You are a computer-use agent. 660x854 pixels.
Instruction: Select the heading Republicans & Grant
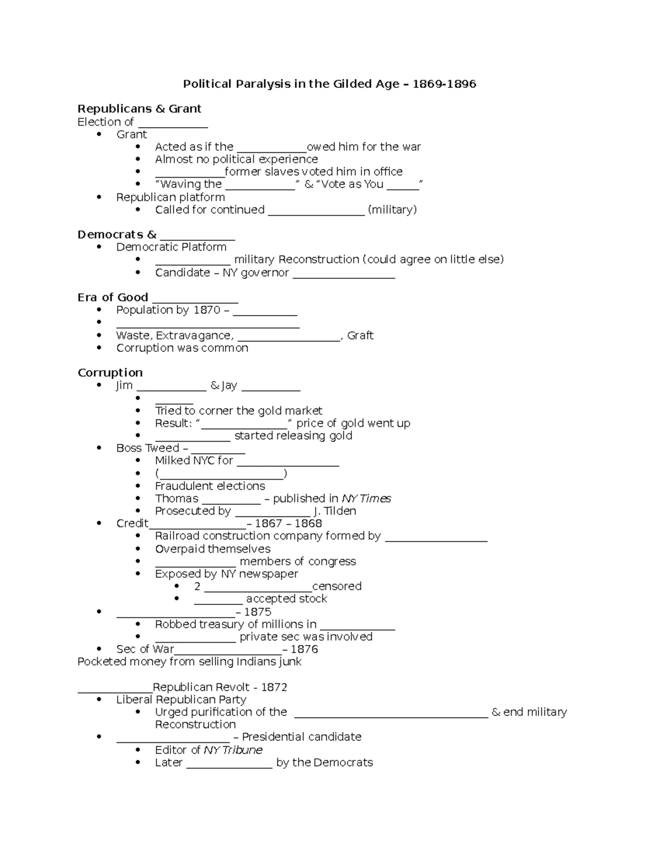(139, 108)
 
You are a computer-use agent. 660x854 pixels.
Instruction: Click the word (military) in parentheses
(392, 210)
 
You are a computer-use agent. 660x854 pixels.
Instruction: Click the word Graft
(360, 335)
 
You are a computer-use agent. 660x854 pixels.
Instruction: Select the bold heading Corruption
(110, 373)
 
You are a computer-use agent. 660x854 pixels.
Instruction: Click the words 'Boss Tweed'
(147, 448)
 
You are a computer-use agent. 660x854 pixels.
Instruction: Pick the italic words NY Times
(366, 498)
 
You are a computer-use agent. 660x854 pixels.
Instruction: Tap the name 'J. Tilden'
(335, 511)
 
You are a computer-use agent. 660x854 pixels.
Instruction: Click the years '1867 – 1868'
(288, 524)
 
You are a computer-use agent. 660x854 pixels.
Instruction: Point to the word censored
(337, 586)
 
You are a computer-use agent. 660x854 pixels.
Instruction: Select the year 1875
(257, 612)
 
